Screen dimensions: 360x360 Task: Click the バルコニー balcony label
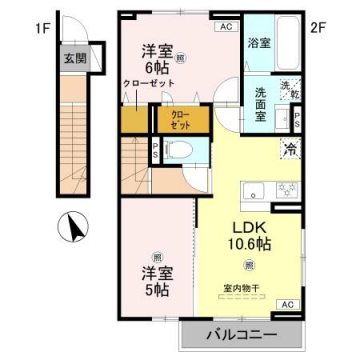pyautogui.click(x=244, y=333)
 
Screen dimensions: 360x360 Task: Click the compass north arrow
pyautogui.click(x=71, y=229)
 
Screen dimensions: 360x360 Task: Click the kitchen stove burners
pyautogui.click(x=287, y=188)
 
